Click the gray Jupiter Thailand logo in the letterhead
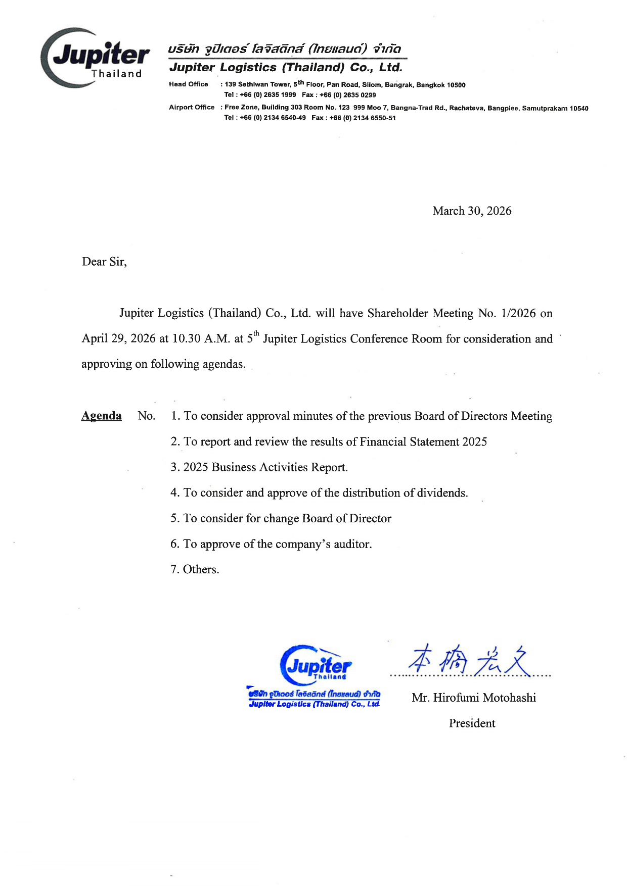tap(96, 58)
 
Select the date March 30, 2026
tap(472, 211)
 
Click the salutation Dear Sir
tap(104, 262)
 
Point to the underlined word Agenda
tap(102, 416)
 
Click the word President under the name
tap(472, 723)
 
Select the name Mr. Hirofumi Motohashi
tap(474, 698)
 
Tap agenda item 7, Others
tap(195, 570)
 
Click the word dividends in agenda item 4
tap(442, 493)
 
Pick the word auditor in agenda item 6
tap(352, 544)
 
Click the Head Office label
tap(189, 84)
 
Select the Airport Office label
tap(192, 107)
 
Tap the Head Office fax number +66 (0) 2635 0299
tap(348, 95)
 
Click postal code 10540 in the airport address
tap(579, 108)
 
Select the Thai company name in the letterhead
tap(285, 50)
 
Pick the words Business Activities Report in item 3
tap(280, 467)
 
